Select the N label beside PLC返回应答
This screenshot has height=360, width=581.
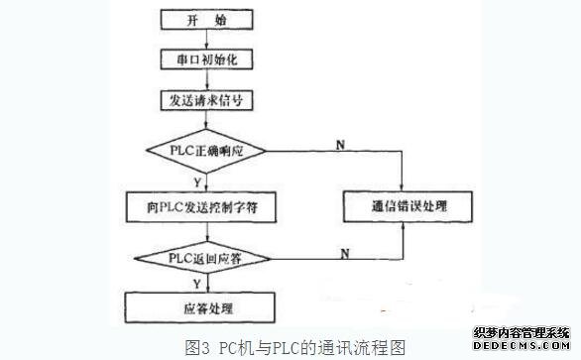343,252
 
